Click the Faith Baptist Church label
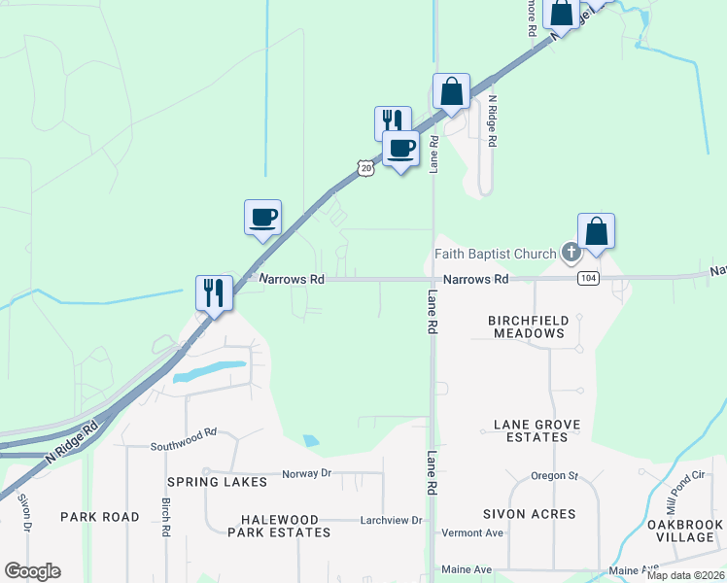point(495,255)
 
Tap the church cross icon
point(571,255)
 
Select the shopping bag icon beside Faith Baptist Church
point(597,232)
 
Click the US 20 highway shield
point(364,168)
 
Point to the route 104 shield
point(586,279)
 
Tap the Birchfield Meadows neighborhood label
point(527,326)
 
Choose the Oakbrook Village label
point(686,531)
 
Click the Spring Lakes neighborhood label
point(217,482)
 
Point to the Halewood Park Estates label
point(279,526)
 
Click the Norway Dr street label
point(307,473)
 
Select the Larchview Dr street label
point(391,521)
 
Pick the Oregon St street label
point(555,476)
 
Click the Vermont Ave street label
point(472,533)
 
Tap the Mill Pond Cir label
point(684,494)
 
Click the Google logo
point(32,571)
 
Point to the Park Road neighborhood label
point(100,517)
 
